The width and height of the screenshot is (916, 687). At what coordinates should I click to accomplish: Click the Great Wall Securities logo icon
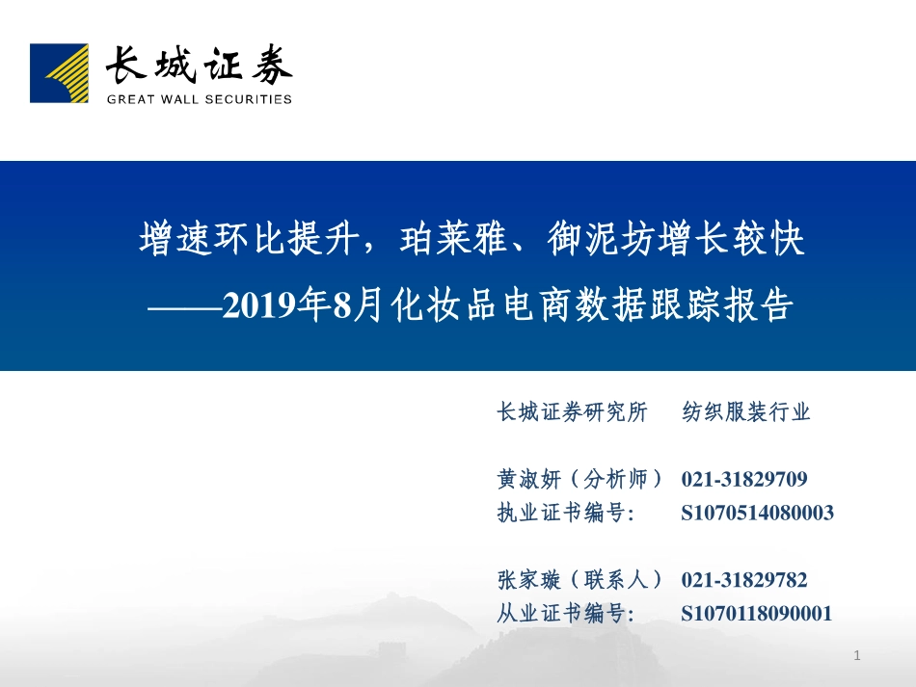tap(58, 73)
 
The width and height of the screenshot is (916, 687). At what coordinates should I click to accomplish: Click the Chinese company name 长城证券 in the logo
tap(198, 66)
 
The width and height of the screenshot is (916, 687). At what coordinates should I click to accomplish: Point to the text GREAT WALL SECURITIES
tap(199, 98)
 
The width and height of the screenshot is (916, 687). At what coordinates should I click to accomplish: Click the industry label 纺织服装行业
tap(746, 413)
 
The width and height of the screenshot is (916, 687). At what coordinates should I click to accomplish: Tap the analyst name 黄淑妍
tap(527, 479)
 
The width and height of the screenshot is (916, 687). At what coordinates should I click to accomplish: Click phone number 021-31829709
tap(744, 479)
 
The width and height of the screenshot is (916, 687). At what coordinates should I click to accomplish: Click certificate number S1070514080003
tap(757, 513)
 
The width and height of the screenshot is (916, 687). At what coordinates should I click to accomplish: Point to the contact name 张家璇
tap(527, 580)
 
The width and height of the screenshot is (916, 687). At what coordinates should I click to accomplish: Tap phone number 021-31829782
tap(744, 580)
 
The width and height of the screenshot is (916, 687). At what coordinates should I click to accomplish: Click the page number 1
tap(856, 656)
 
